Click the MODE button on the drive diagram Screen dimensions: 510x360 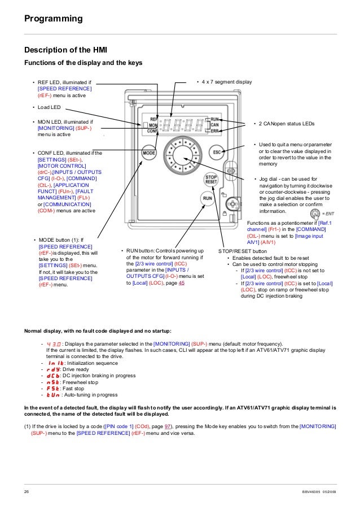click(x=149, y=152)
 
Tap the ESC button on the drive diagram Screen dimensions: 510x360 click(x=217, y=152)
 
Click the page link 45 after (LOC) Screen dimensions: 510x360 click(x=181, y=283)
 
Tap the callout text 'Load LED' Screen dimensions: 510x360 click(x=50, y=107)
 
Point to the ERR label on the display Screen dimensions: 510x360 click(x=214, y=130)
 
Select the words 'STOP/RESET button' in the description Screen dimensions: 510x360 click(x=243, y=250)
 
